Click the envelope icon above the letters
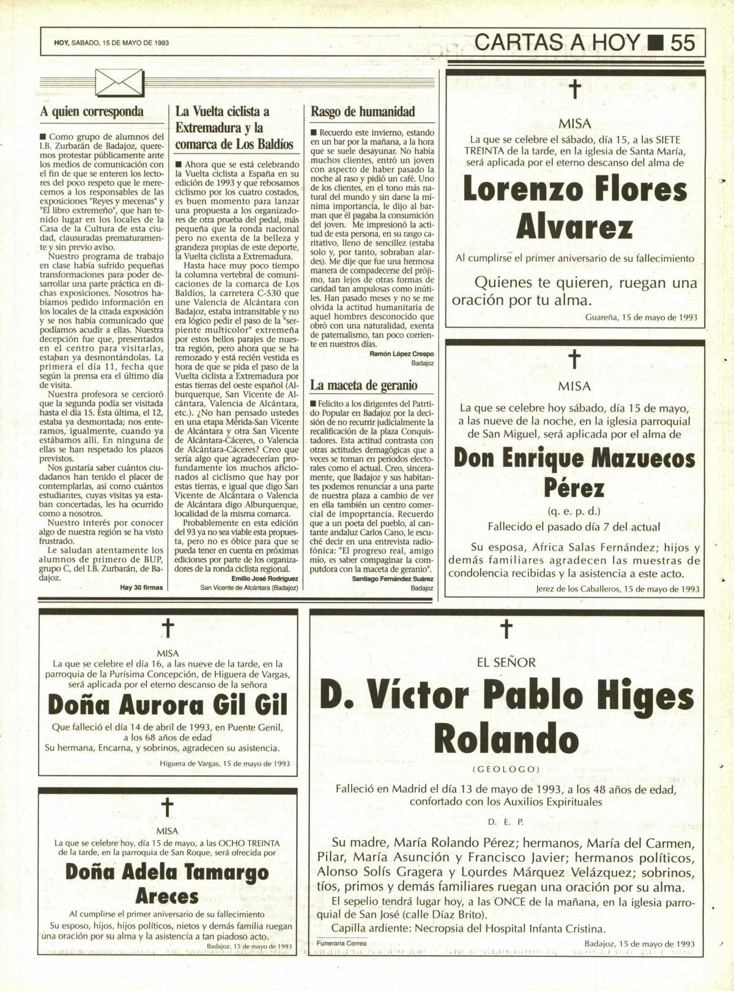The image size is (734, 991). [120, 83]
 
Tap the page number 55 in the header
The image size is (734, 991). [683, 42]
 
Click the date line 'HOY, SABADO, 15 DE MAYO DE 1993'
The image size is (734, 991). [111, 43]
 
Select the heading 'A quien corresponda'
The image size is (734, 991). [92, 112]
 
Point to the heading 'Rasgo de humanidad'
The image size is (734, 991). [363, 112]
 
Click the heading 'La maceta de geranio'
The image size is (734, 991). [364, 385]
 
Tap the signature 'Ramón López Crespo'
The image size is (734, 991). [401, 354]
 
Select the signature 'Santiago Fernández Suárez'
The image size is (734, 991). [393, 578]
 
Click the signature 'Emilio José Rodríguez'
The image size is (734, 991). [265, 578]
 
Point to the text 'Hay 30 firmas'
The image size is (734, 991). [142, 588]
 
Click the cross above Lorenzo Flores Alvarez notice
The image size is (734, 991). [574, 90]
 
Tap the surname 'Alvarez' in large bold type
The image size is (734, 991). [574, 228]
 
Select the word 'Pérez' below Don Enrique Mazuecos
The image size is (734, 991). [574, 488]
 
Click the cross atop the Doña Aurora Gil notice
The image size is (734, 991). [168, 628]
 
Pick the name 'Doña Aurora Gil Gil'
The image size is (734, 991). [168, 705]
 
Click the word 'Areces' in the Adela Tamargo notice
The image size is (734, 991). [167, 896]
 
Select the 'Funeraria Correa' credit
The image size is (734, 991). [342, 943]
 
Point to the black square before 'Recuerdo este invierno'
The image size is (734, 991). [314, 133]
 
